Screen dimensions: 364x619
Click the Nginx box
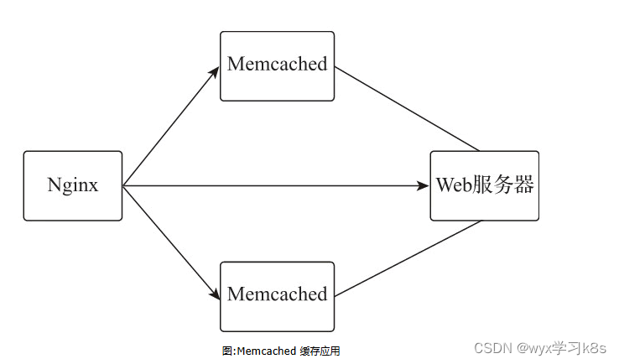pos(73,185)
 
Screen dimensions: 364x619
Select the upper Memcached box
pos(277,65)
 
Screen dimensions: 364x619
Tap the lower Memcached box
pos(277,296)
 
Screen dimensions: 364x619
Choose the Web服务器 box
pos(484,185)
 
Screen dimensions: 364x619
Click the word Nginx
pos(73,185)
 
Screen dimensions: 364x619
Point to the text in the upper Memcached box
pos(277,65)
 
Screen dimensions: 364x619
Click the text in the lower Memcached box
pos(277,294)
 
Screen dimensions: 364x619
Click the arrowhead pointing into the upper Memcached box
pos(214,71)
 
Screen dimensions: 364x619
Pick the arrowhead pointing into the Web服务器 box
pos(424,185)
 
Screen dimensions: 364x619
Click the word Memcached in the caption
pos(266,351)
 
